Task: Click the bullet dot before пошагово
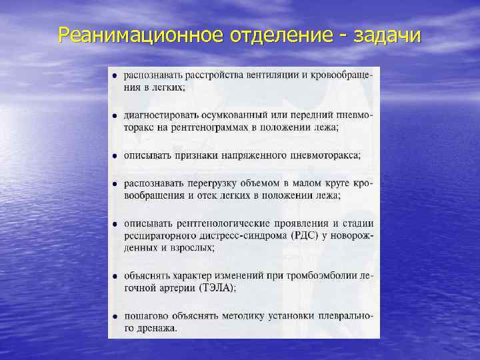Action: [x=115, y=316]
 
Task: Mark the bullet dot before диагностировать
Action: [x=115, y=116]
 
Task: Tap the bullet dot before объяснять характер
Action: [x=115, y=276]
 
